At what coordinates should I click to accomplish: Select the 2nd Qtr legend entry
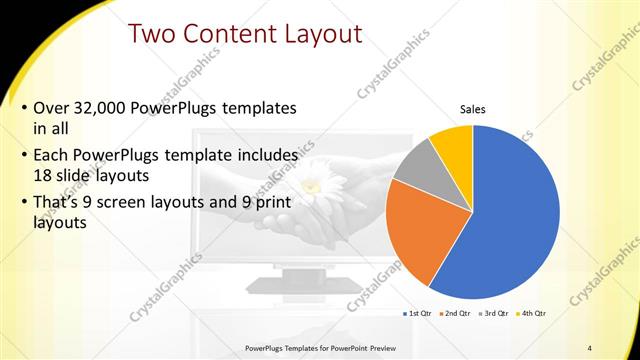pos(458,313)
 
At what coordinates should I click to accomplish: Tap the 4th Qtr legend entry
pos(533,313)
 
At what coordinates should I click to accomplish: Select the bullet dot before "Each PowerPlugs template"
pos(23,156)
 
